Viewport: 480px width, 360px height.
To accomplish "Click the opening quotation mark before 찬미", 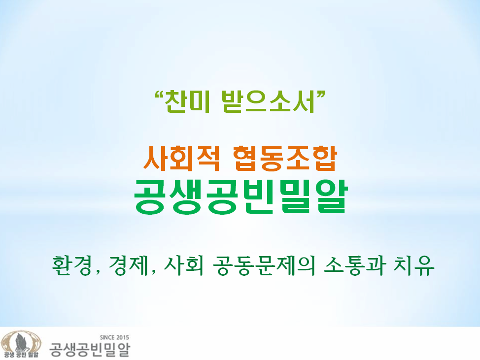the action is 159,95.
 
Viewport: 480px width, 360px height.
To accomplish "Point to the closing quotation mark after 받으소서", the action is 320,95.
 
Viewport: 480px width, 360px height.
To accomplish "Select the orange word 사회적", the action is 181,158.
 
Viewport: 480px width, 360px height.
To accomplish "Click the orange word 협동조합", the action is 285,158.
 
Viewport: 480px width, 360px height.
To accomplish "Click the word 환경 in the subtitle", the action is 72,265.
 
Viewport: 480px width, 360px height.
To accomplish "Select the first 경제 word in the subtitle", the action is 129,265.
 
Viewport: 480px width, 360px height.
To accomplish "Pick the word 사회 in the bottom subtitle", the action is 184,265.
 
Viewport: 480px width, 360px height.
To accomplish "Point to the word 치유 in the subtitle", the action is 414,265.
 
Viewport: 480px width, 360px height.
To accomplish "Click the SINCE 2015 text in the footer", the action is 114,338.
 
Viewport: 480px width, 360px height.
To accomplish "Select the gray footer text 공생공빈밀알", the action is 90,350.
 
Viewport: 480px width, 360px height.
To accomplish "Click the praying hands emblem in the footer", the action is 21,342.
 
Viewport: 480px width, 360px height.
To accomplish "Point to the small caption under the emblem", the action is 21,355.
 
